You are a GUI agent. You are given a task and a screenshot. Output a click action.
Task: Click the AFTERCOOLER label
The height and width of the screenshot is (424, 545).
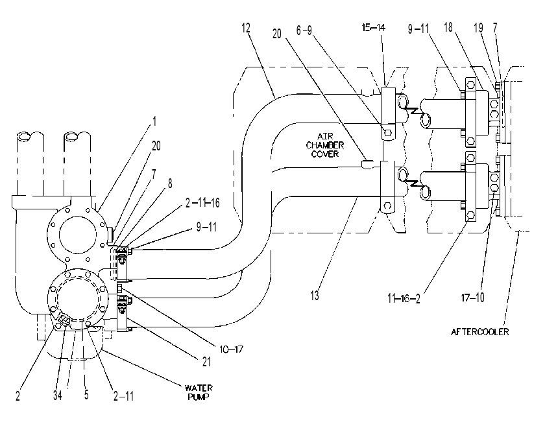pyautogui.click(x=479, y=332)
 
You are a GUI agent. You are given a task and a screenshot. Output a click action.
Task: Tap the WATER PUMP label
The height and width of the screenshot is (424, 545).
pyautogui.click(x=199, y=392)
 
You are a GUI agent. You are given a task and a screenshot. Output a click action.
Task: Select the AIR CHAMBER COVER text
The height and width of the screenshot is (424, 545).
pyautogui.click(x=324, y=145)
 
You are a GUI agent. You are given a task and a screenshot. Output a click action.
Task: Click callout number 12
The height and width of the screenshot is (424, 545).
pyautogui.click(x=246, y=28)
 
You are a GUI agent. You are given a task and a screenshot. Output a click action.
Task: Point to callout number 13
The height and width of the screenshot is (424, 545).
pyautogui.click(x=315, y=296)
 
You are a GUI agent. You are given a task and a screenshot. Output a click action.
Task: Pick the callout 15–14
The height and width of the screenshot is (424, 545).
pyautogui.click(x=374, y=27)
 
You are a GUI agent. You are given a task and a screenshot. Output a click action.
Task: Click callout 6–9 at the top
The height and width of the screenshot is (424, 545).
pyautogui.click(x=304, y=30)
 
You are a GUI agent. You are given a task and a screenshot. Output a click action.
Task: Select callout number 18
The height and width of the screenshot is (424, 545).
pyautogui.click(x=448, y=27)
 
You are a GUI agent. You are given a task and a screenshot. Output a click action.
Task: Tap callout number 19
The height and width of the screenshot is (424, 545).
pyautogui.click(x=479, y=28)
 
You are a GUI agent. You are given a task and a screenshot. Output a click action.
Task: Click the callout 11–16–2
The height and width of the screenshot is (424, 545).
pyautogui.click(x=404, y=298)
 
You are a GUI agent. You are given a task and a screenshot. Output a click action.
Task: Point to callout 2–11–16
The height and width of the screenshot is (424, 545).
pyautogui.click(x=202, y=202)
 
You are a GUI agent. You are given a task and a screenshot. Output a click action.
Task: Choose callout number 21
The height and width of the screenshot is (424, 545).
pyautogui.click(x=206, y=362)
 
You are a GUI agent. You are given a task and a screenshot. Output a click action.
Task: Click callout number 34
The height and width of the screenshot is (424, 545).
pyautogui.click(x=58, y=395)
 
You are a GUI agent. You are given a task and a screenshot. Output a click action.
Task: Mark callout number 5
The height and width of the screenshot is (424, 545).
pyautogui.click(x=86, y=394)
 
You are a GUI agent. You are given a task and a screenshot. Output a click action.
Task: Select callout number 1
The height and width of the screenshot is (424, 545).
pyautogui.click(x=154, y=121)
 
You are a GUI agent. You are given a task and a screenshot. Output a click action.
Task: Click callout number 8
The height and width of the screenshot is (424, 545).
pyautogui.click(x=170, y=183)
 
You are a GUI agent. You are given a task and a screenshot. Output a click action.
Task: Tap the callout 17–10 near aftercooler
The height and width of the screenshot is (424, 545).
pyautogui.click(x=472, y=298)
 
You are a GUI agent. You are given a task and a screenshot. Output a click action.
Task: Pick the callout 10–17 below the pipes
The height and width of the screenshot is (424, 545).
pyautogui.click(x=231, y=349)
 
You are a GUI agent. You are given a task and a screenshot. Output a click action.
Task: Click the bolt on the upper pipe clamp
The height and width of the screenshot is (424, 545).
pyautogui.click(x=388, y=132)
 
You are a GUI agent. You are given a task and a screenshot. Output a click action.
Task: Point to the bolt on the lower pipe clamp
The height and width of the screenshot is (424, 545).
pyautogui.click(x=387, y=206)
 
